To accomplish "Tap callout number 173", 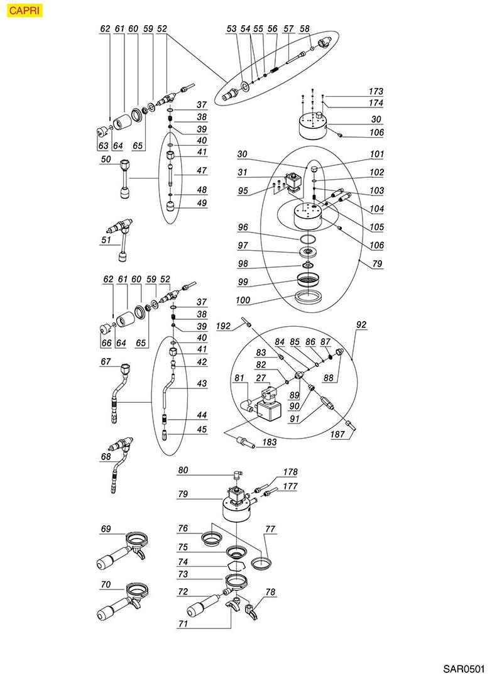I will pyautogui.click(x=376, y=92).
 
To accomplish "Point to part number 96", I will pyautogui.click(x=244, y=227).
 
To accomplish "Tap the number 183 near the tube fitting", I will pyautogui.click(x=269, y=443).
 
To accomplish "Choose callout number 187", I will pyautogui.click(x=339, y=435).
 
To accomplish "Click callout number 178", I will pyautogui.click(x=290, y=472).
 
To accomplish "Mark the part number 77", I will pyautogui.click(x=271, y=530).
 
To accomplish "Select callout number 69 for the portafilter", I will pyautogui.click(x=106, y=529).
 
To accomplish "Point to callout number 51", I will pyautogui.click(x=106, y=239).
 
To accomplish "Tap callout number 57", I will pyautogui.click(x=288, y=29).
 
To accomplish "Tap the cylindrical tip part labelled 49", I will pyautogui.click(x=171, y=205).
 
